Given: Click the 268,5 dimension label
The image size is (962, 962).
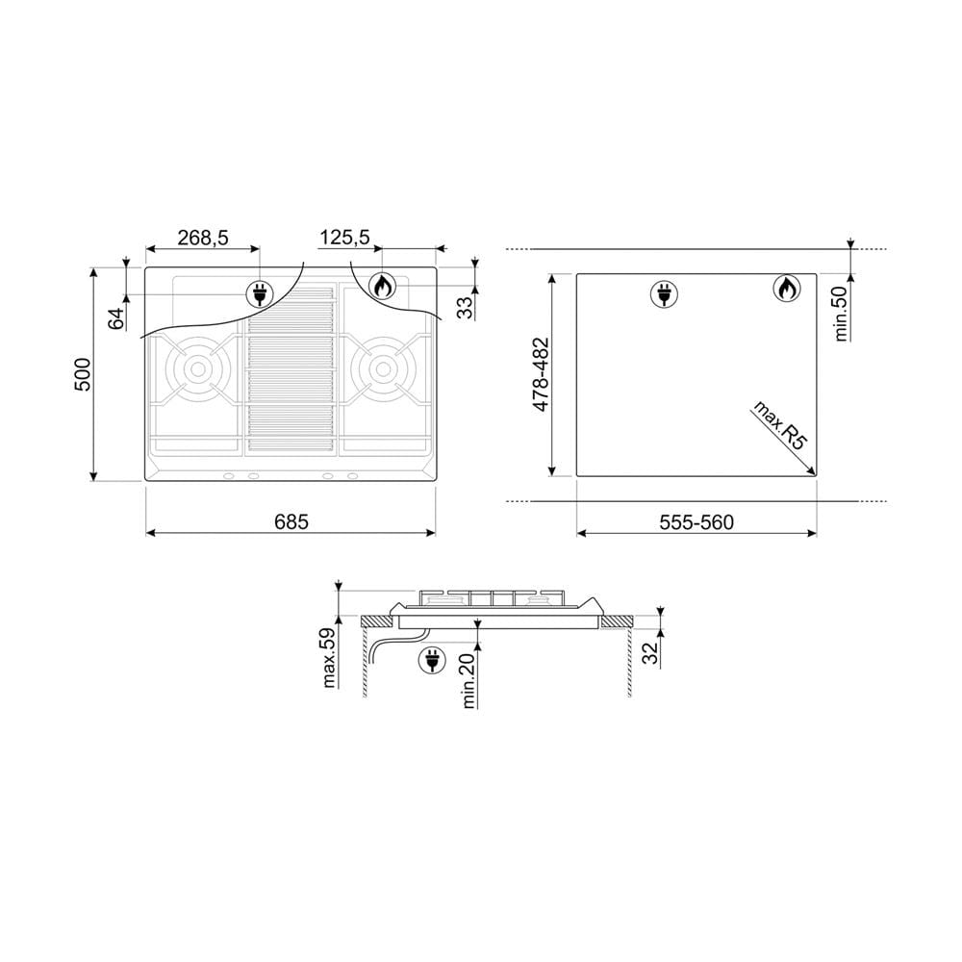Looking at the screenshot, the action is click(202, 238).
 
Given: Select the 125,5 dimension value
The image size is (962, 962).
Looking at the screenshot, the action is click(344, 237).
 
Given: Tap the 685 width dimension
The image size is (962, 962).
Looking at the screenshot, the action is click(291, 522).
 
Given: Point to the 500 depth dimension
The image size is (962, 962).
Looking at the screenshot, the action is click(82, 374).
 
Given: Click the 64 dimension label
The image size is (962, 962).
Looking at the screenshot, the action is click(116, 318).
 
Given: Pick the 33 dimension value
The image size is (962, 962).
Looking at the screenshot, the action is click(466, 308).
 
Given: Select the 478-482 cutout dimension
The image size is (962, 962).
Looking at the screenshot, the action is click(541, 374).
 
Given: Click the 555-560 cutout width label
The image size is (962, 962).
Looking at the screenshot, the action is click(696, 522).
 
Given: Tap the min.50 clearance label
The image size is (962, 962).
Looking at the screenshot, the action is click(841, 313).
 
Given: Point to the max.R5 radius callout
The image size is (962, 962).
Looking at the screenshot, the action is click(779, 425).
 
